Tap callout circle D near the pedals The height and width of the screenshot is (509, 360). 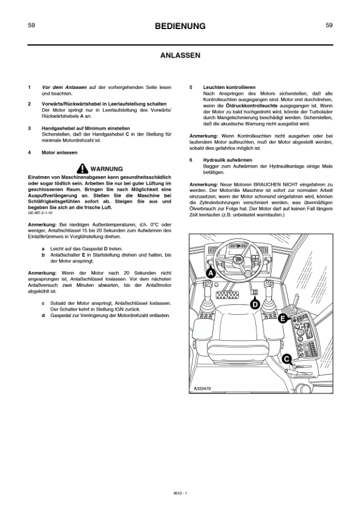click(x=255, y=304)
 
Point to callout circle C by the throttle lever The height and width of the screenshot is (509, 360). click(x=287, y=359)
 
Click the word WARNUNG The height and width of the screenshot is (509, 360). click(x=106, y=168)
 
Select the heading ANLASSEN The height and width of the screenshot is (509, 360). click(x=180, y=55)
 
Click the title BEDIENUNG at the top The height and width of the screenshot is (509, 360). click(x=180, y=26)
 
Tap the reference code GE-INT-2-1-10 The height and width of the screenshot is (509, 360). click(x=40, y=214)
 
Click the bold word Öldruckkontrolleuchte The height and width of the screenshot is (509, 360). click(x=246, y=106)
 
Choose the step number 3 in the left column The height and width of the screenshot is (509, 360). click(x=30, y=129)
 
